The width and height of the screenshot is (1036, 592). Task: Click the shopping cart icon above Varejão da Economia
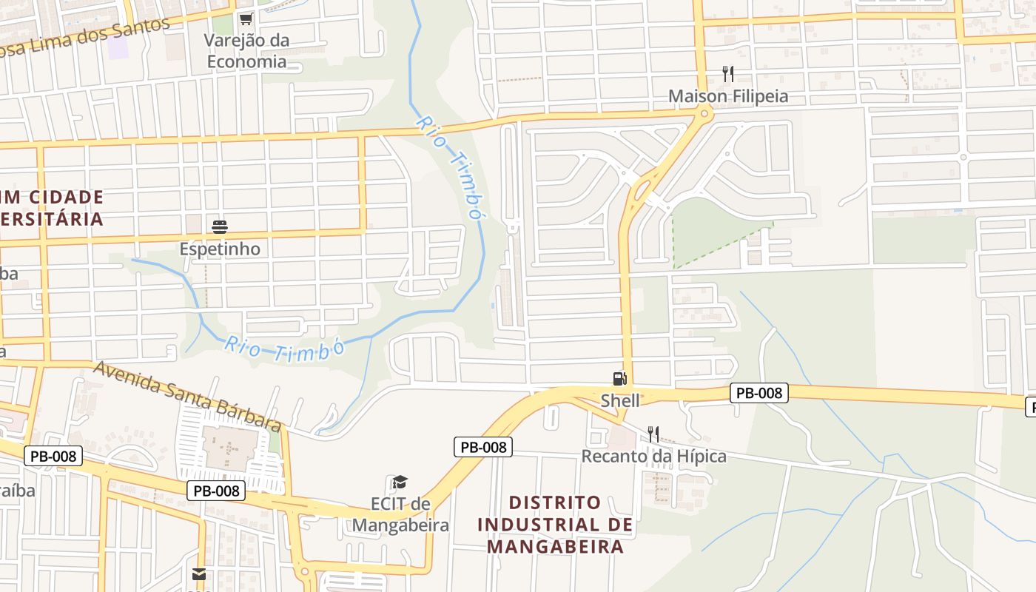coord(246,18)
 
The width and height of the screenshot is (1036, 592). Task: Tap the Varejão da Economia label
coord(246,51)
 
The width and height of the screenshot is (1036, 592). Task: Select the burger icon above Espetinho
coord(220,226)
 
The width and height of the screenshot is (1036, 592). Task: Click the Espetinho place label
coord(220,249)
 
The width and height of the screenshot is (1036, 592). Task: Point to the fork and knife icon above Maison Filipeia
coord(728,73)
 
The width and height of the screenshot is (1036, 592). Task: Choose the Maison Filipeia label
coord(728,96)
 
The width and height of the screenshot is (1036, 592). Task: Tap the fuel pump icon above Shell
coord(619,379)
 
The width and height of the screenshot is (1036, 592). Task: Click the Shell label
coord(620,400)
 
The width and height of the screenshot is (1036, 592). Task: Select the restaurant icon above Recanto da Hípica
coord(653,434)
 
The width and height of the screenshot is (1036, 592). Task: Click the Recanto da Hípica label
coord(654,456)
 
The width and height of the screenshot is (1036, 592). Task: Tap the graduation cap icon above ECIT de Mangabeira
coord(400,482)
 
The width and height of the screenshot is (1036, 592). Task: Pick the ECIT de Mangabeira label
coord(400,515)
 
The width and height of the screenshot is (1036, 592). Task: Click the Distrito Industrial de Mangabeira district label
coord(555,525)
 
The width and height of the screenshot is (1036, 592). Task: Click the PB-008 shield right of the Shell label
coord(759,393)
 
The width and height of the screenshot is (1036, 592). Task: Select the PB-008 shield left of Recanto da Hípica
coord(482,447)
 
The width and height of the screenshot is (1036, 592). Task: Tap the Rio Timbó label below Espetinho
coord(286,349)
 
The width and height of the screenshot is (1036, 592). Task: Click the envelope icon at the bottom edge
coord(199,574)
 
